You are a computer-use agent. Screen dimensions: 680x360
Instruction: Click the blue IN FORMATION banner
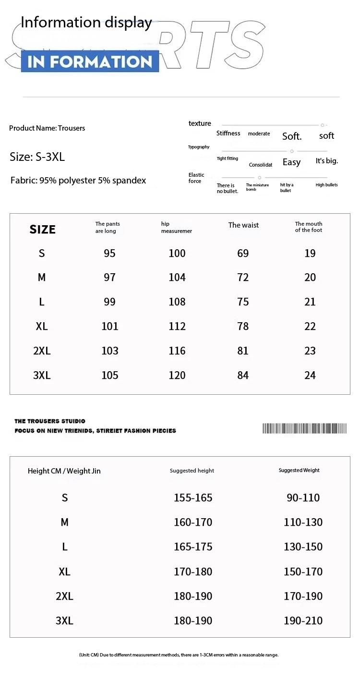(x=90, y=61)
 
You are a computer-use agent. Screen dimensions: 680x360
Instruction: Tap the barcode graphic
(x=304, y=428)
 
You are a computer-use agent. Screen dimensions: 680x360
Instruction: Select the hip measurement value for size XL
(x=177, y=327)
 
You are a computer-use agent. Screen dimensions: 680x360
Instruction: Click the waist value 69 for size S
(x=243, y=253)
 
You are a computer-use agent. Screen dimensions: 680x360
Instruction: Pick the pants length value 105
(x=110, y=376)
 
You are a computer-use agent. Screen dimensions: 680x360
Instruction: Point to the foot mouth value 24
(x=310, y=376)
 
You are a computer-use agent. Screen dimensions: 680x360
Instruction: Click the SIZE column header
(x=43, y=230)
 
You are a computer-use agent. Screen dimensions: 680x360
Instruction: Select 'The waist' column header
(x=243, y=225)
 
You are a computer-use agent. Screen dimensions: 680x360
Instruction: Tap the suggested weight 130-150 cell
(x=303, y=547)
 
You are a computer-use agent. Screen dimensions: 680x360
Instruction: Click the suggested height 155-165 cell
(x=193, y=498)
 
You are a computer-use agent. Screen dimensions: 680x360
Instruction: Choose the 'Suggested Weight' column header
(x=299, y=470)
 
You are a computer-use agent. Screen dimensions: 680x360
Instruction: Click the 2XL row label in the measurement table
(x=42, y=351)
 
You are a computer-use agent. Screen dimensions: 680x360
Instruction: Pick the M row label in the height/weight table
(x=65, y=522)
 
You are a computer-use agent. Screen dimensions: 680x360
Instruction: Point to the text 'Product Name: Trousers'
(x=47, y=128)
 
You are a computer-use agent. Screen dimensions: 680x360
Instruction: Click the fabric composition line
(x=78, y=181)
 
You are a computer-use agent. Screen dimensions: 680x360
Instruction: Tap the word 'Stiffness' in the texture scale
(x=228, y=134)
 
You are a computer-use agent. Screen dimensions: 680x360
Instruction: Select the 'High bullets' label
(x=326, y=185)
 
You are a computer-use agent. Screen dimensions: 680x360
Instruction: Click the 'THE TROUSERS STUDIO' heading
(x=50, y=421)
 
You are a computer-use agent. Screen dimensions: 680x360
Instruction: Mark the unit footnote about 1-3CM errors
(x=179, y=655)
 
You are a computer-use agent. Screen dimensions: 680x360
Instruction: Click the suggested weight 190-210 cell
(x=303, y=621)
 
